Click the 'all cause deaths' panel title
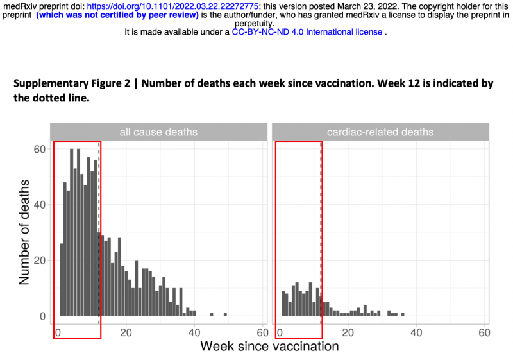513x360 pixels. pos(158,132)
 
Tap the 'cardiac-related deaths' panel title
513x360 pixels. pos(380,132)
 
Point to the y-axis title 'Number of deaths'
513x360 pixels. pos(24,233)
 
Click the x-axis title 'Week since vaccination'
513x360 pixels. pos(269,347)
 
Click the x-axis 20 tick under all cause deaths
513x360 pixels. pos(126,333)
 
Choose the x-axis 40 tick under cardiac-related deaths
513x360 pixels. pos(416,333)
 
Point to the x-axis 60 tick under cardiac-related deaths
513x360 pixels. pos(484,333)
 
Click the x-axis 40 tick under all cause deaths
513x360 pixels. pos(194,333)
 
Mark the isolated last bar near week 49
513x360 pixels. pos(225,314)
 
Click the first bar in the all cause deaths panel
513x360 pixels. pos(62,280)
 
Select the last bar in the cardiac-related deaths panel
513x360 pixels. pos(402,314)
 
